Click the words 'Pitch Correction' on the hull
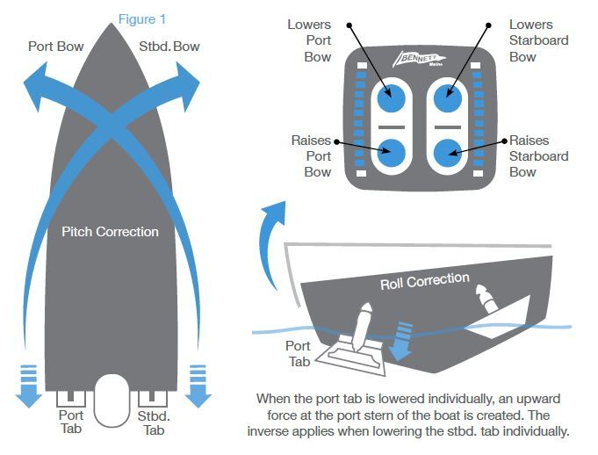click(111, 232)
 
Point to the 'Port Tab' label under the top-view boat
click(70, 422)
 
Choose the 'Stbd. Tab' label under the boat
click(155, 422)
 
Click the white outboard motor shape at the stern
click(112, 400)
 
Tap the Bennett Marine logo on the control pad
click(420, 61)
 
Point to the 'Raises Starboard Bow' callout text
click(538, 155)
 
